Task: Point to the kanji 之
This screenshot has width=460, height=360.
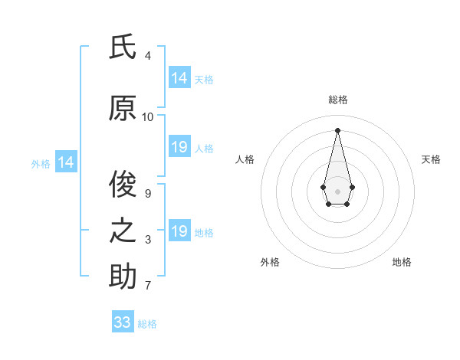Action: [123, 231]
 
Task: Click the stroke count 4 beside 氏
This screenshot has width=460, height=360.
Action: [148, 56]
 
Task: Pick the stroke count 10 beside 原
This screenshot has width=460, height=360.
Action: [148, 117]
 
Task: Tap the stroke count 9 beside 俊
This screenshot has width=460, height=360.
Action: [148, 194]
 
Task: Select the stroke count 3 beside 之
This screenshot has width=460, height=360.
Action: [148, 241]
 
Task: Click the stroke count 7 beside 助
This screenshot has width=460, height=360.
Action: [148, 286]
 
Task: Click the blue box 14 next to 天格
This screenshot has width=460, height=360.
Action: [179, 78]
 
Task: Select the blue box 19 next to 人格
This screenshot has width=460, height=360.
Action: [179, 147]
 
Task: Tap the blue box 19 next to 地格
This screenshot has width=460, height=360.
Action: [179, 231]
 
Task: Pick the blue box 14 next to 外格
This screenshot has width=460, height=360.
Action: [66, 162]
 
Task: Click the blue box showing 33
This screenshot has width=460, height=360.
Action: [123, 322]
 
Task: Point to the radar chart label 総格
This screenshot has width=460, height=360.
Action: [337, 100]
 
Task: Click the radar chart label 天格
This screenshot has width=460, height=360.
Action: [432, 159]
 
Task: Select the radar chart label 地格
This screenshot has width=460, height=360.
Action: [402, 262]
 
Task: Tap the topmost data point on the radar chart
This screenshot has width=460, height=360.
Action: [337, 130]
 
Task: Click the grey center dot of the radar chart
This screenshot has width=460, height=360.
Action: [337, 190]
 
